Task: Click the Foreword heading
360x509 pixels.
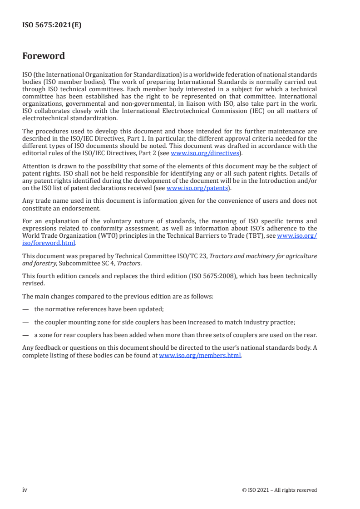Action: click(x=44, y=56)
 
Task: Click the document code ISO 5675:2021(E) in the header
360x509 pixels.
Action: click(x=52, y=25)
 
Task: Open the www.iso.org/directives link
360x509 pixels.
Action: click(x=204, y=153)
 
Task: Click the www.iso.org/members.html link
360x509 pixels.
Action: click(x=200, y=356)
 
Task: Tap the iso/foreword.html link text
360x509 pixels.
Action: click(x=49, y=243)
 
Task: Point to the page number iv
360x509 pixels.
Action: click(x=25, y=490)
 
